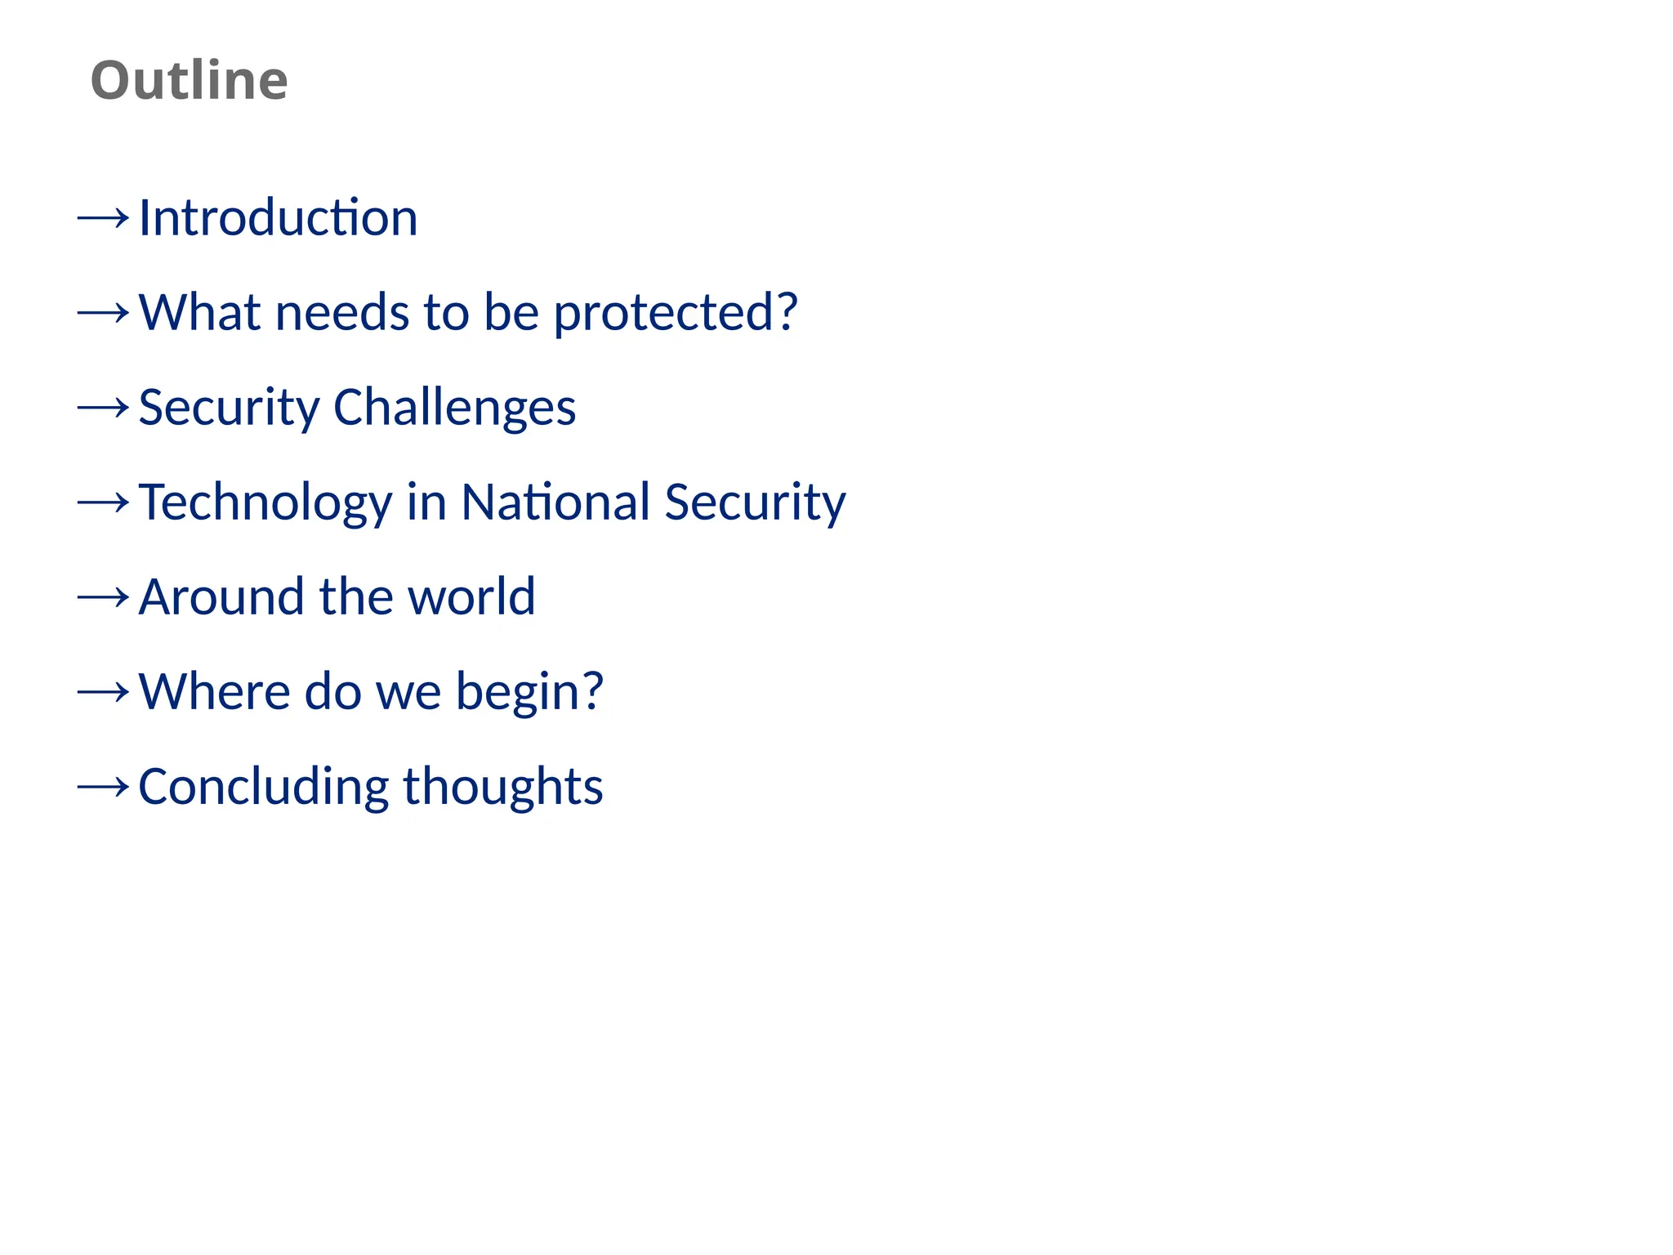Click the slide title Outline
click(x=189, y=80)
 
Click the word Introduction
click(x=278, y=218)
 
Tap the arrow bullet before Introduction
click(x=103, y=218)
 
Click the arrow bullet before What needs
click(x=103, y=313)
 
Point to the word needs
click(x=342, y=313)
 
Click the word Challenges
click(x=454, y=408)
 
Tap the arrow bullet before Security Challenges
click(x=103, y=408)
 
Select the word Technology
click(x=265, y=502)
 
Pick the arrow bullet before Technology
click(x=103, y=502)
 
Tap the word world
click(x=471, y=597)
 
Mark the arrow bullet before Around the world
click(x=103, y=597)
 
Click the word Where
click(x=214, y=692)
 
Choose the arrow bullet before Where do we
click(x=103, y=692)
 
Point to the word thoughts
click(x=502, y=787)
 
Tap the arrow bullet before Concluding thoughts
click(x=103, y=787)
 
